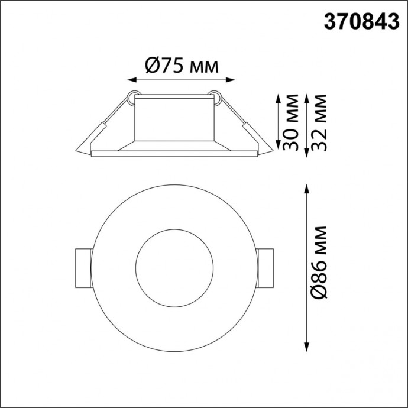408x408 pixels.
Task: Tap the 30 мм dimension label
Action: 289,124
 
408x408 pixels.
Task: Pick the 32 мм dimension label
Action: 319,124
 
